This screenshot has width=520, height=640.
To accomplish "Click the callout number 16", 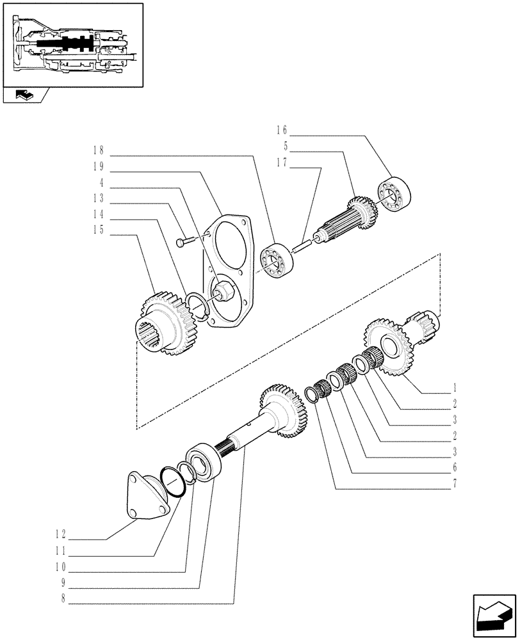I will click(x=282, y=130).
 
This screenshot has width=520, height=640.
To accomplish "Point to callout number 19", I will click(x=97, y=166).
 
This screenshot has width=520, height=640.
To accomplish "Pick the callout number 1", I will click(x=454, y=387).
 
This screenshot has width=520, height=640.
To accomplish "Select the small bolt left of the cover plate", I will click(x=186, y=242).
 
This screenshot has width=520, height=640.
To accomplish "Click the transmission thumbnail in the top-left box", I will click(x=72, y=44).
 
